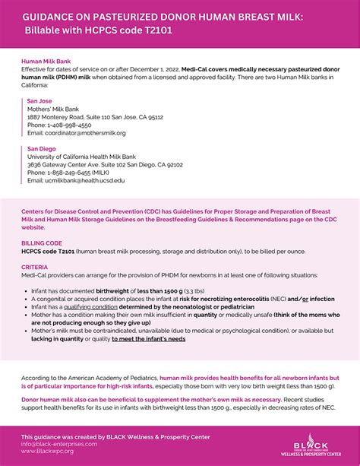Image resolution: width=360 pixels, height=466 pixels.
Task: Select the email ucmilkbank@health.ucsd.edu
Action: pos(76,181)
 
